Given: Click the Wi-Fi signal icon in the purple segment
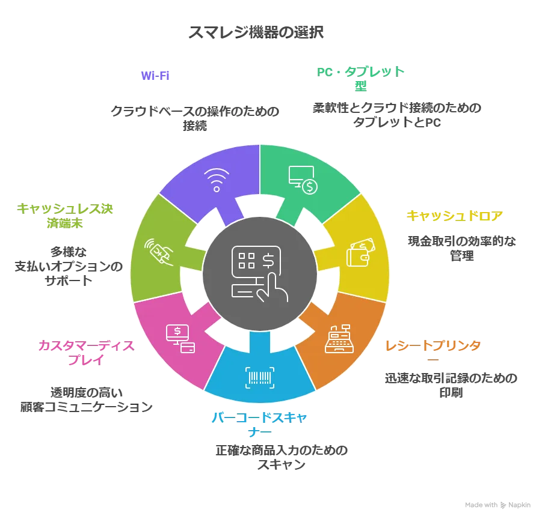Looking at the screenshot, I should point(216,179).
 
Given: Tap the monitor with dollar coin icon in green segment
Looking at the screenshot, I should point(303,180).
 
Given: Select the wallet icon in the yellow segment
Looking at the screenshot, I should point(360,252).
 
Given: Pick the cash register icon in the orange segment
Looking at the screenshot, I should point(340,340).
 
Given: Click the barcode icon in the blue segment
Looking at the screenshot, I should point(260,377).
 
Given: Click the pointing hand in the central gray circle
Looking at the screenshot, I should point(271,287).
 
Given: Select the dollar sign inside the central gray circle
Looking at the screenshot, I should point(268,260).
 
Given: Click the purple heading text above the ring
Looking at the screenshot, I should point(156,75).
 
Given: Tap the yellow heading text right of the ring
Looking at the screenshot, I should point(455,215).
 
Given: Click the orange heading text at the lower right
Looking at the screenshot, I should point(433,345).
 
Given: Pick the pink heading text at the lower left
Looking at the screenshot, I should point(86,352).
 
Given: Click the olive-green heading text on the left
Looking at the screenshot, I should point(65,215).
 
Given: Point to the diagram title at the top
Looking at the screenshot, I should point(257,32).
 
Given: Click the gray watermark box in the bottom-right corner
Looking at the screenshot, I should point(498,505).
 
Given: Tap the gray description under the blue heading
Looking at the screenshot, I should point(281,457).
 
